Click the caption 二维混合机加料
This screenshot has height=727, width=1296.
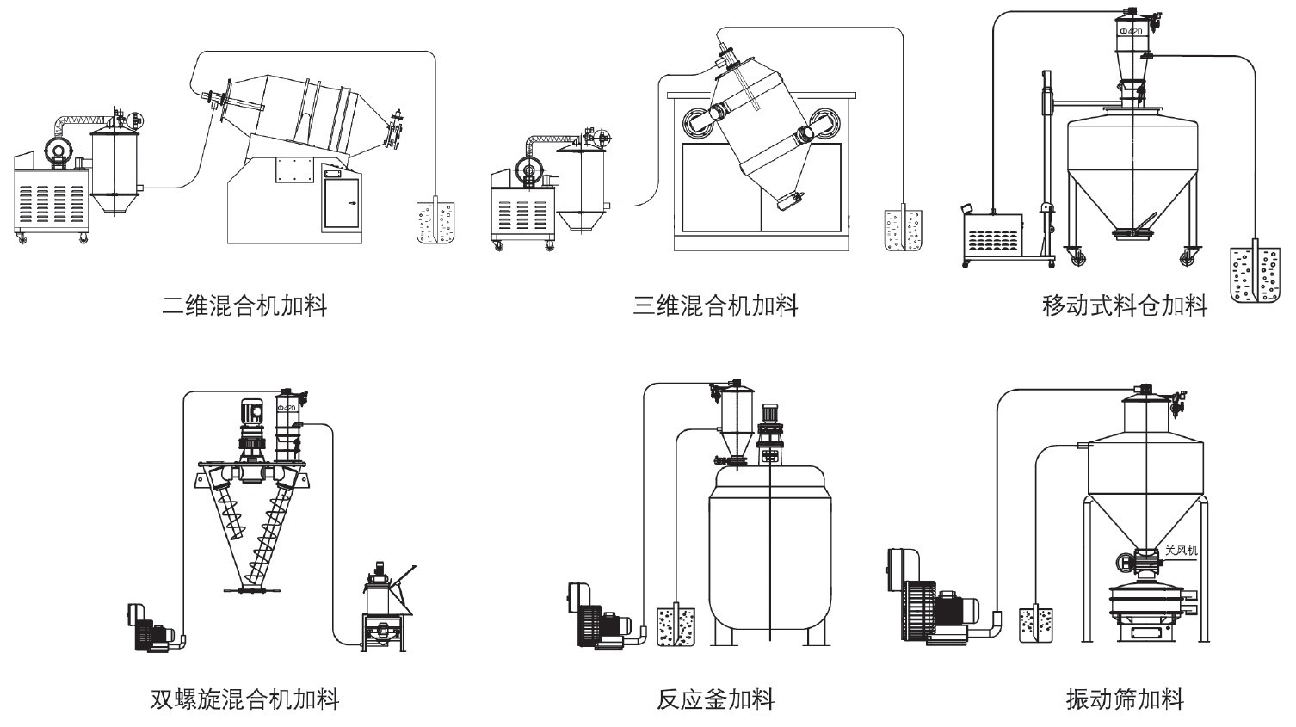(x=244, y=305)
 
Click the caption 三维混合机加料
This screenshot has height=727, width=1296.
(x=715, y=305)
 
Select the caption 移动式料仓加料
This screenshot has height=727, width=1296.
(x=1124, y=305)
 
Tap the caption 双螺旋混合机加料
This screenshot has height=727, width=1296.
(x=244, y=699)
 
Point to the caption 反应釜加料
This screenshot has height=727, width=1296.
(x=715, y=699)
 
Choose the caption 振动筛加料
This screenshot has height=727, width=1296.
(x=1124, y=699)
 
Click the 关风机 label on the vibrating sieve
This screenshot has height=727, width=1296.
(x=1181, y=550)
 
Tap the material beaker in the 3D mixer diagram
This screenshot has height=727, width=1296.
(x=904, y=230)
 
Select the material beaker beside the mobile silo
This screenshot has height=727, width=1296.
(x=1255, y=274)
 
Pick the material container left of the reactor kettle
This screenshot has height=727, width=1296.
(x=676, y=626)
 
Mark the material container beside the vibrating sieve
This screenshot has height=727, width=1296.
(x=1036, y=625)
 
